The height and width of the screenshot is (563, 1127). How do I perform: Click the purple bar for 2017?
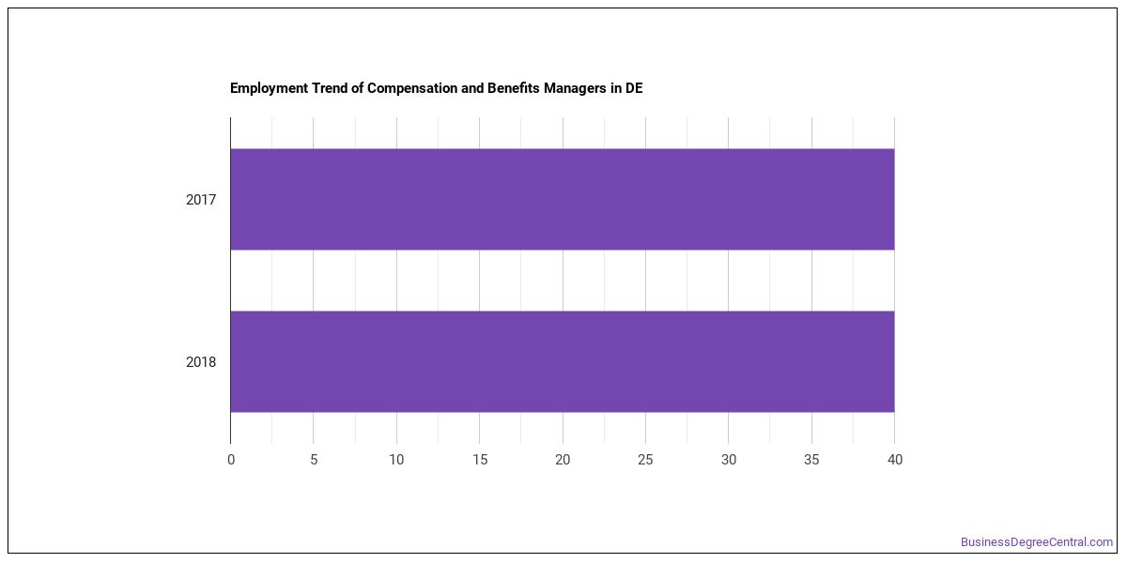563,199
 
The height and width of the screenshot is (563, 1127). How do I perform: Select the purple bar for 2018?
563,361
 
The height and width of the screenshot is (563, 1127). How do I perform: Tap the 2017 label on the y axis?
201,200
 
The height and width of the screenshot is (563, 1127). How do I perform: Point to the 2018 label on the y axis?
201,362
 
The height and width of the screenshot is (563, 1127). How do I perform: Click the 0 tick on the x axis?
231,460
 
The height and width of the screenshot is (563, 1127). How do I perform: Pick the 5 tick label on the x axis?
314,460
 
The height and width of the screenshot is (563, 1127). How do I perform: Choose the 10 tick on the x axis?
396,460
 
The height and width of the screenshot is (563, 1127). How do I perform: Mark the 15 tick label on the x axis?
480,460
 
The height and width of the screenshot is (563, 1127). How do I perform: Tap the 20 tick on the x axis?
563,460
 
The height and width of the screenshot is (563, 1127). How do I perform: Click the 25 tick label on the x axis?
645,460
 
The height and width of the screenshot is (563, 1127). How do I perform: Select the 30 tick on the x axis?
729,460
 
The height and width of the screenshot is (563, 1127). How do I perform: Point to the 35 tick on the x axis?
811,460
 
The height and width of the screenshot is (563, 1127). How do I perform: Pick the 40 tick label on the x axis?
895,460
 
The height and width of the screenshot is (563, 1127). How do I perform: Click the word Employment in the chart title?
270,88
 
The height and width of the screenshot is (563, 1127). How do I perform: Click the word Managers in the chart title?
575,88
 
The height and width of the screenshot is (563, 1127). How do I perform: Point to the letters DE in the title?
634,88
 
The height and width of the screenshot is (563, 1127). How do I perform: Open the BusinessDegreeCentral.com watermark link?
1037,542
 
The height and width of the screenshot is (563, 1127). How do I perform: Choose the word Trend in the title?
330,88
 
